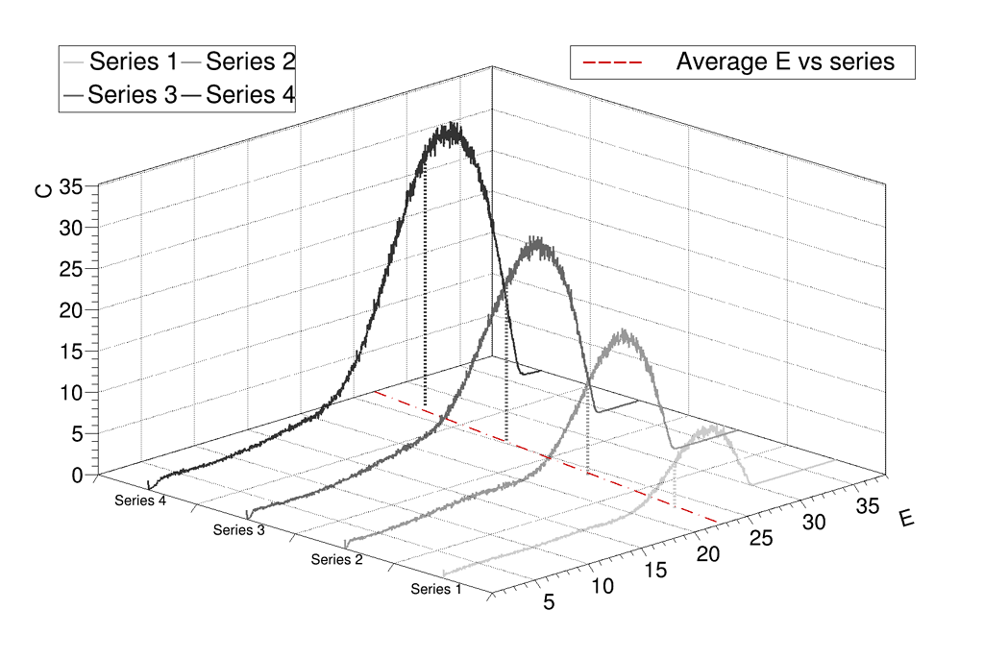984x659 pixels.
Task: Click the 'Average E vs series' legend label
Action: [x=785, y=62]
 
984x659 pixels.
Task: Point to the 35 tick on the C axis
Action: [x=72, y=187]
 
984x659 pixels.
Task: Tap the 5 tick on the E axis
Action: [x=550, y=603]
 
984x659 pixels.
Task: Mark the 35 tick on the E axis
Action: [x=867, y=505]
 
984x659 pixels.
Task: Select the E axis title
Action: [x=906, y=519]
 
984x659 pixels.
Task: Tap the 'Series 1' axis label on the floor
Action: [x=436, y=589]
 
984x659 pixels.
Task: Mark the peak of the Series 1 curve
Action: [x=713, y=429]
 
